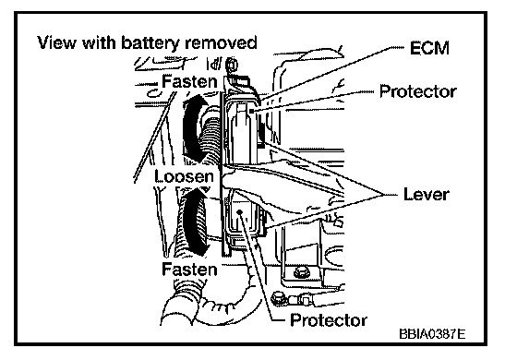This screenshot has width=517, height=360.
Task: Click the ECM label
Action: (x=429, y=48)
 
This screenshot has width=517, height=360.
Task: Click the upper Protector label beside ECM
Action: (x=418, y=91)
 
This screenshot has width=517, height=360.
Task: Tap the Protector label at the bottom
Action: (x=329, y=320)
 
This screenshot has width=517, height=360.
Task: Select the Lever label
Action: (x=426, y=195)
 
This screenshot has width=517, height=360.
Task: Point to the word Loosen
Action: (x=185, y=176)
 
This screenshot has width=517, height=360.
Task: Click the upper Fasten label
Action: (x=189, y=81)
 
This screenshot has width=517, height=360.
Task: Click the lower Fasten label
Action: (x=189, y=270)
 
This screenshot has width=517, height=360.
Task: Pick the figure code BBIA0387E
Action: (x=432, y=334)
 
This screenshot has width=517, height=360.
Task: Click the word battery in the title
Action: (x=151, y=43)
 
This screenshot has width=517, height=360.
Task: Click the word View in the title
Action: (x=56, y=42)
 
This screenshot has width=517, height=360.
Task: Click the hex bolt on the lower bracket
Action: (x=301, y=272)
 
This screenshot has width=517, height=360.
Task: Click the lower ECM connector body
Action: (x=244, y=220)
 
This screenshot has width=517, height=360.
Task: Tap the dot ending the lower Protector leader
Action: (x=240, y=212)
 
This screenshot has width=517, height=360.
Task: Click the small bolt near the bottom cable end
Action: (x=276, y=298)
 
